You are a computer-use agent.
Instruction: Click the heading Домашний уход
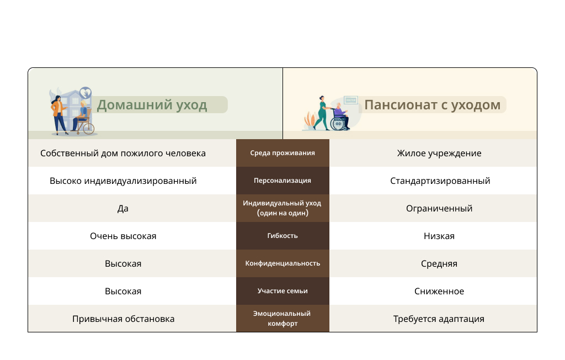152,105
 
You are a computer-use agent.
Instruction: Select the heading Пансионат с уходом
432,105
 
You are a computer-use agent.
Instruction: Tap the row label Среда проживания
282,153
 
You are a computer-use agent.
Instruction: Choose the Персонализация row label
282,181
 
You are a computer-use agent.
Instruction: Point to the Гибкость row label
282,236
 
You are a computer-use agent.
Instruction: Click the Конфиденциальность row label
282,263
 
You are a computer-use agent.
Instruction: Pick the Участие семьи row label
282,291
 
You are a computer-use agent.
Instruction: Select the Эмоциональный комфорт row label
282,319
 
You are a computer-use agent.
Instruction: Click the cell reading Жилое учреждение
439,153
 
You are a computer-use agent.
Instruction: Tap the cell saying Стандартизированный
440,181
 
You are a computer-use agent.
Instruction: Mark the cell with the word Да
123,209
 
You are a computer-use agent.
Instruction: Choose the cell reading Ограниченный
439,209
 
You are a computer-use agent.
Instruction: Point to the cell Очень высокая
123,236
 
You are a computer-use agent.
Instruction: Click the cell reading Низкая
439,236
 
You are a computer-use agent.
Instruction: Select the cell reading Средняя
439,264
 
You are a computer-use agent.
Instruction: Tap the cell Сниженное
439,291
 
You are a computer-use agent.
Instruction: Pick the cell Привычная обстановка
123,319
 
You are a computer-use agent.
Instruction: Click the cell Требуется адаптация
439,319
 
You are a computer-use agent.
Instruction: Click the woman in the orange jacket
59,115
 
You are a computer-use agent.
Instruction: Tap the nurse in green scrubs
322,113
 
